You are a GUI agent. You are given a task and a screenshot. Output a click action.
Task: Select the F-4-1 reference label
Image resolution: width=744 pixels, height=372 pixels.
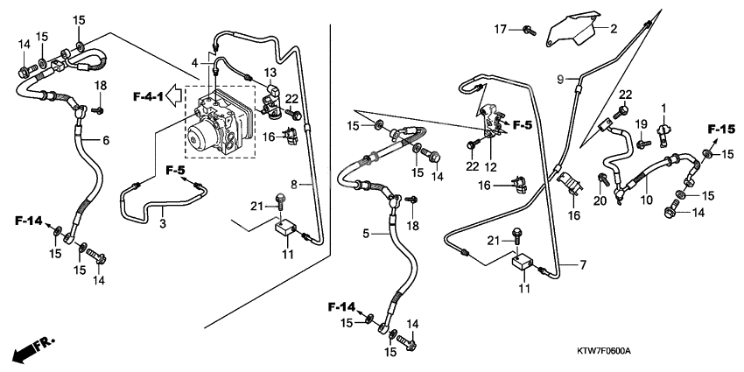(150, 95)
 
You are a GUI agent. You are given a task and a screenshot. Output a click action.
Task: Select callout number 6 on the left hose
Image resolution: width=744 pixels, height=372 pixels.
(106, 140)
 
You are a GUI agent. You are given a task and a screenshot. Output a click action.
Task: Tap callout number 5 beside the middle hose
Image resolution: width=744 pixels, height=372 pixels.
(367, 235)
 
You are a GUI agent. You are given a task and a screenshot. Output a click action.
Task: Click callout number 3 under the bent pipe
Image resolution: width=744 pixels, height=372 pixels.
(162, 224)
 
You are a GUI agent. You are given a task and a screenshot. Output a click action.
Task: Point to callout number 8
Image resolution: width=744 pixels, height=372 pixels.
(295, 185)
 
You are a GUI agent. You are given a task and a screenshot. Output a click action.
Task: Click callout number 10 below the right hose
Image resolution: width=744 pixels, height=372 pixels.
(648, 200)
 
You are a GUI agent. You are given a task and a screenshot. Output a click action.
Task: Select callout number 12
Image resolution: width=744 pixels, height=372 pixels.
(491, 166)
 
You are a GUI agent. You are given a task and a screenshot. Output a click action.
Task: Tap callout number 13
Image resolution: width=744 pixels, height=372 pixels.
(270, 71)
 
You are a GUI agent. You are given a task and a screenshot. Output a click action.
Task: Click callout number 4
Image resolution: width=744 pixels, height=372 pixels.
(195, 63)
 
